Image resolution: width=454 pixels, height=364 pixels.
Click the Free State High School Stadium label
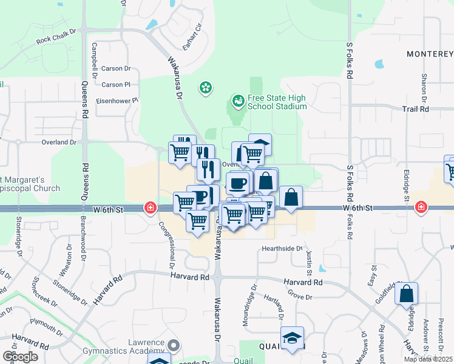click(277, 102)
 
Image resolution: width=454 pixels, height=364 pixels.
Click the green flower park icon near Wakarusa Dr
click(206, 89)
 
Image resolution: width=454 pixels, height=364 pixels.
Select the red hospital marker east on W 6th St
click(420, 208)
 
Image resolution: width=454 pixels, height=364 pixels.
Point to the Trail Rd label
click(415, 109)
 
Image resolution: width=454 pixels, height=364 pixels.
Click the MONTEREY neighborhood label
click(430, 54)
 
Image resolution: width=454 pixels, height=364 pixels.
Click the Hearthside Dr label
click(282, 249)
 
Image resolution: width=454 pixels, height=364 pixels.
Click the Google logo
click(20, 357)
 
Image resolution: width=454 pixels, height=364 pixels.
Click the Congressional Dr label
click(168, 244)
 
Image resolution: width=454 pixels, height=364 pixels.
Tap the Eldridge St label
click(406, 182)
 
